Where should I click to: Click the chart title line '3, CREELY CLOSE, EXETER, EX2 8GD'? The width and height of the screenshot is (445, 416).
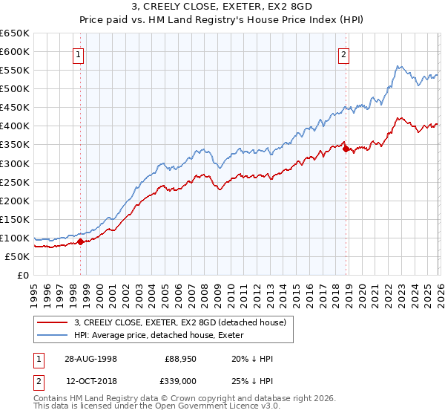222,7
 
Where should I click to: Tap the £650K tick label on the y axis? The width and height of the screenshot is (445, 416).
15,33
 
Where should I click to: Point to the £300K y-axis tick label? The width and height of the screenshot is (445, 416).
15,163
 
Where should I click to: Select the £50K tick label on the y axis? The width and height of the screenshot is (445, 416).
17,256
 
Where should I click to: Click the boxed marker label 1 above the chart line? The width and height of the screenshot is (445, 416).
79,53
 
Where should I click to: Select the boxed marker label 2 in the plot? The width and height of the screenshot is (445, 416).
344,53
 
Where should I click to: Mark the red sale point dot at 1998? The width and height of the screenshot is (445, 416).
80,241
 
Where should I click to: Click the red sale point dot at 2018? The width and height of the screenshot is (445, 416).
346,149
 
